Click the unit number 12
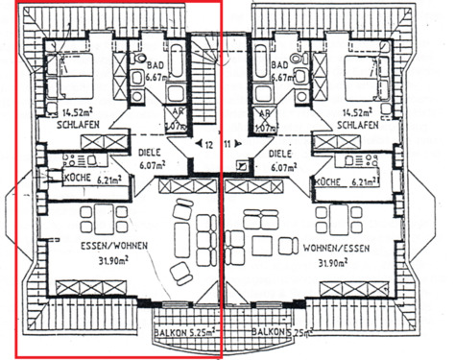(x=209, y=144)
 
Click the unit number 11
(x=227, y=144)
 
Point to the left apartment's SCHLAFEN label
(x=76, y=126)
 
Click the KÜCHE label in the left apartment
(x=77, y=179)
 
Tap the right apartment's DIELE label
(x=280, y=153)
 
